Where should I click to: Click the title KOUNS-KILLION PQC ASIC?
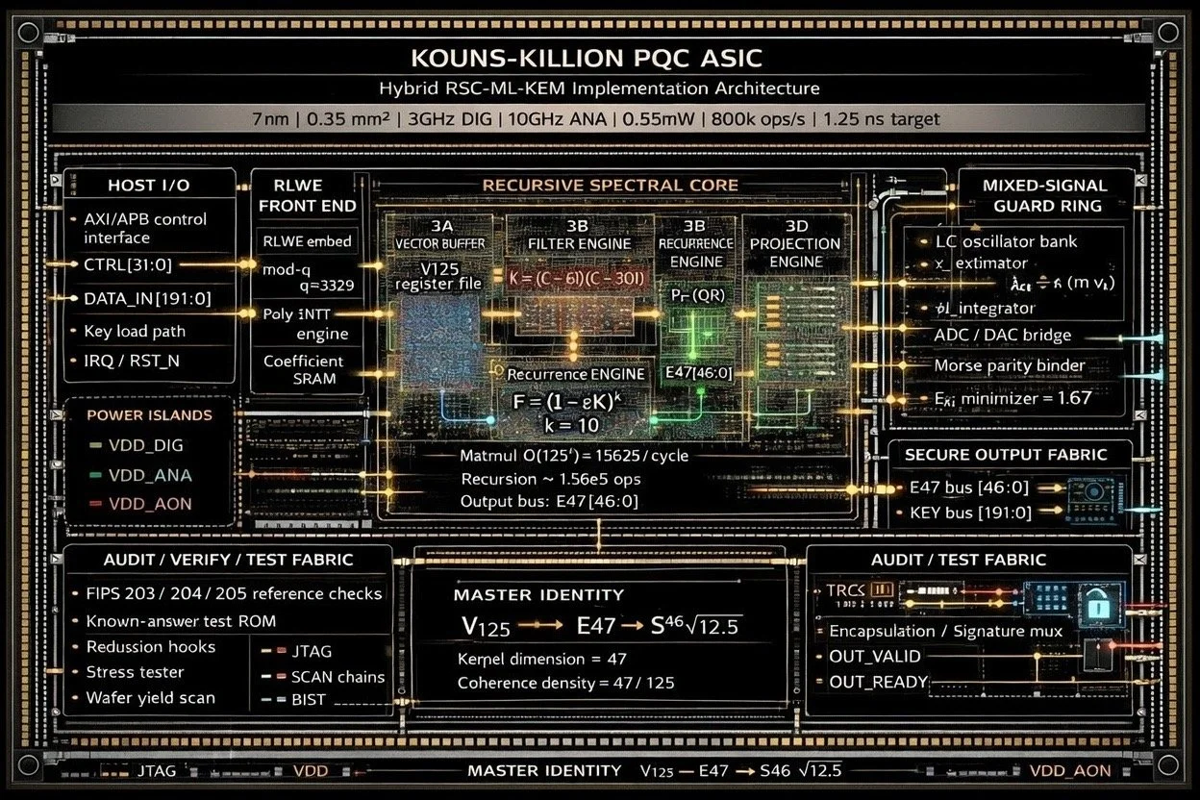coord(586,57)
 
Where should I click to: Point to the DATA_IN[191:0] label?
coord(147,298)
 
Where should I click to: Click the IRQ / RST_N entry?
coord(131,361)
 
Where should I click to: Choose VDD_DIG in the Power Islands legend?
coord(147,445)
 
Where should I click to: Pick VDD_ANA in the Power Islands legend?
coord(150,475)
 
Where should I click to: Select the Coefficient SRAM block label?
coord(304,369)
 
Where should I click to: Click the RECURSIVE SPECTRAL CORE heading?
coord(610,185)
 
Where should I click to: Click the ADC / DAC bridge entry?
coord(1002,336)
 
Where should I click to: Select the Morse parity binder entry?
coord(1009,365)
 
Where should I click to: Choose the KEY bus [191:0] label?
coord(969,512)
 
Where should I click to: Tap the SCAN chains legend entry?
coord(337,677)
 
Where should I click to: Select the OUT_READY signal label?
coord(878,682)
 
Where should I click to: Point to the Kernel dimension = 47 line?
coord(541,659)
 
